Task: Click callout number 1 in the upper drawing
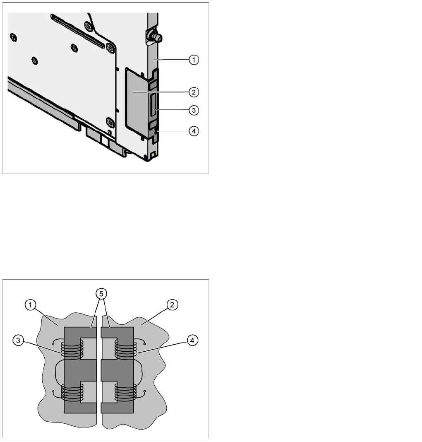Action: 194,60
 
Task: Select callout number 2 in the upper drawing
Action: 194,92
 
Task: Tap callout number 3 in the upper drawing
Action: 194,110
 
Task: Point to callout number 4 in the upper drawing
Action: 194,131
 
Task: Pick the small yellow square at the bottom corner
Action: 153,155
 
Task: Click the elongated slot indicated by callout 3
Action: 154,104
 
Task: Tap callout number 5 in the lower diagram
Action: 101,294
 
